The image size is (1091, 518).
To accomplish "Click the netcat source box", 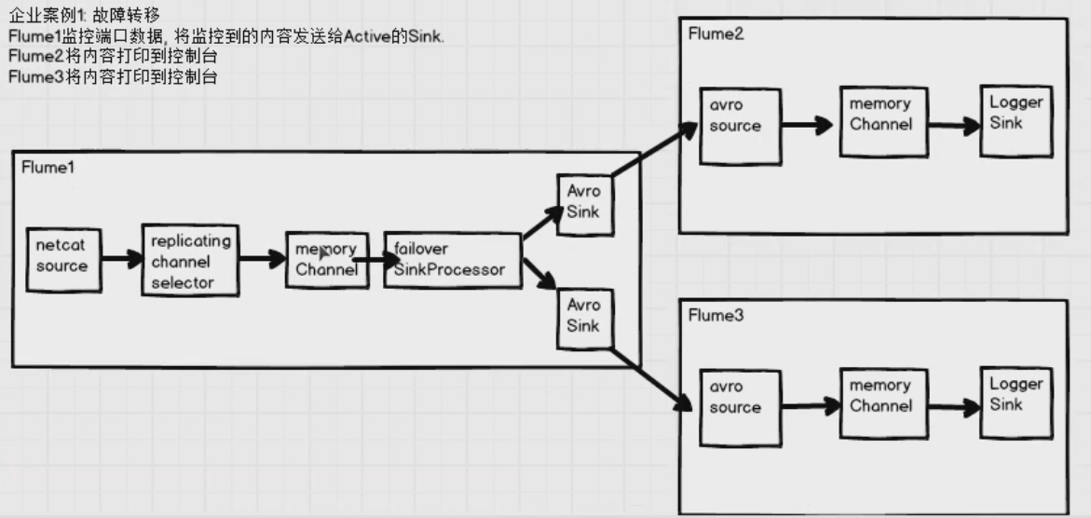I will (61, 256).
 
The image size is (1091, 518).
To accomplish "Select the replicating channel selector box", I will (190, 260).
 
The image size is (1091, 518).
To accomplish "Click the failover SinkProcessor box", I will (453, 260).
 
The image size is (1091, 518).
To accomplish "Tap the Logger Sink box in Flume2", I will (1016, 120).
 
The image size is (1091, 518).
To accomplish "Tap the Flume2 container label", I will (716, 34).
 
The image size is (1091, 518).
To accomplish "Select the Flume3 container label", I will (716, 316).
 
